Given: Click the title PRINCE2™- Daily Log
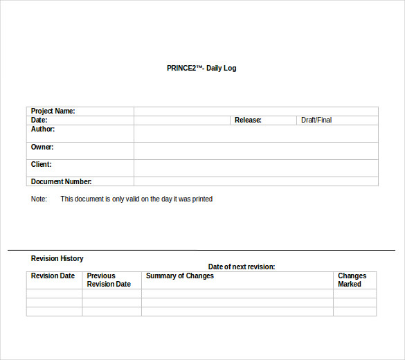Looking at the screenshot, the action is [x=201, y=69].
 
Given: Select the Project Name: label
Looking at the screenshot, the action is [x=53, y=111].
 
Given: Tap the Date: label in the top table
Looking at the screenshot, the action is [x=39, y=120].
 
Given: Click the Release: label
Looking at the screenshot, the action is [x=248, y=120].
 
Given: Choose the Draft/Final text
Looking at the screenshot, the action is [x=316, y=120].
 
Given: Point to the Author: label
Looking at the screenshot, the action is [x=43, y=129].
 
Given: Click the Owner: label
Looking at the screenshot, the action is [x=42, y=147].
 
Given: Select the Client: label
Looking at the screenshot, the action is [x=42, y=165].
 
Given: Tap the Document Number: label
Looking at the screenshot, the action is [x=62, y=181].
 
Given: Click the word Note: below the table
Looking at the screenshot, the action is [x=39, y=199].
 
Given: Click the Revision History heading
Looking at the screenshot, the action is [x=57, y=259].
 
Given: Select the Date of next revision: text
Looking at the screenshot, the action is [x=242, y=267].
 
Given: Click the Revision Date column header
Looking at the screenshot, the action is [x=53, y=276].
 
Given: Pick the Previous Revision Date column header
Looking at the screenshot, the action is [x=109, y=280].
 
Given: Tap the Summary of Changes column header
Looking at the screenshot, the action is [x=180, y=276].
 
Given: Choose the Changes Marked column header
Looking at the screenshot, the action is [x=352, y=280].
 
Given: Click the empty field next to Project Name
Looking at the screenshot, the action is [x=256, y=111].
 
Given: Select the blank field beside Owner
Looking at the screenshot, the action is [x=256, y=151].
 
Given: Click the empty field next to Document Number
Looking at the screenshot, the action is [x=256, y=181].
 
